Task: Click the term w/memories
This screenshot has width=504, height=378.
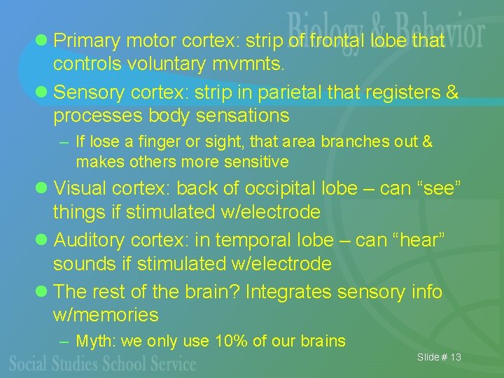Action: click(x=106, y=315)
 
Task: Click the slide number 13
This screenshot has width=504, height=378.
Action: click(x=456, y=358)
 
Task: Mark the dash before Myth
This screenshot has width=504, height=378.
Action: click(x=64, y=342)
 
